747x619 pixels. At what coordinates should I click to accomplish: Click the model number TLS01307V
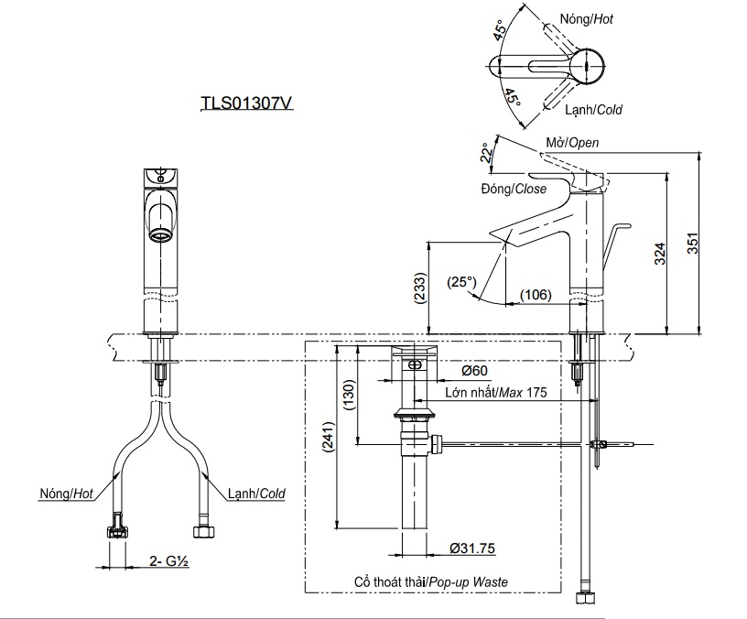click(246, 104)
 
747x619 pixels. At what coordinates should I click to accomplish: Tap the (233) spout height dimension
click(419, 289)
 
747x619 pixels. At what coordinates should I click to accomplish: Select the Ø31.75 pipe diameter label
click(472, 548)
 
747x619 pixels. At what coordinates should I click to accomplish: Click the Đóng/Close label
click(513, 190)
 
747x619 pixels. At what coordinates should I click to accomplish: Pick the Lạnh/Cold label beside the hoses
click(256, 494)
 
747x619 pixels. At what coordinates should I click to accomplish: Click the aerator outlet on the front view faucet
click(161, 235)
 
